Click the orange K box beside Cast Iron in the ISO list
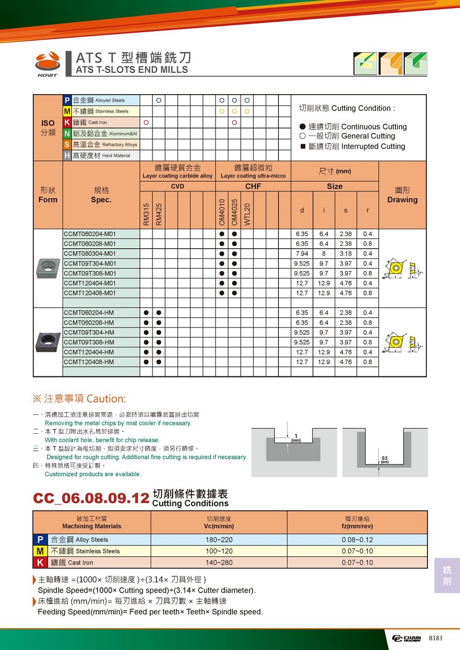[x=67, y=122]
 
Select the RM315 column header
[x=147, y=213]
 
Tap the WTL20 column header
[x=247, y=213]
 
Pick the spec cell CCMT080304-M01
[x=90, y=253]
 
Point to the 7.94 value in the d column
[x=302, y=253]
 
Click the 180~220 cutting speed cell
[x=218, y=540]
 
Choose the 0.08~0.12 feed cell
[x=357, y=540]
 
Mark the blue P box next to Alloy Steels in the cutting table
[x=40, y=540]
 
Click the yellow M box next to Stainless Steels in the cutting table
[x=40, y=551]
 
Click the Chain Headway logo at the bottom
[x=407, y=639]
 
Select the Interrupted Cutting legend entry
[x=352, y=147]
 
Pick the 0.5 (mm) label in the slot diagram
[x=385, y=460]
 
